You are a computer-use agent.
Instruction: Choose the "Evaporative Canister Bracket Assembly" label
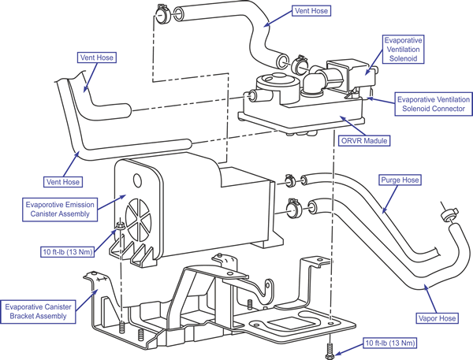click(37, 311)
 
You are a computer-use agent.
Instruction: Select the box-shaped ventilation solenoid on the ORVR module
click(344, 72)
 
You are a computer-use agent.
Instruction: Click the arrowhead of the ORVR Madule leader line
click(340, 119)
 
